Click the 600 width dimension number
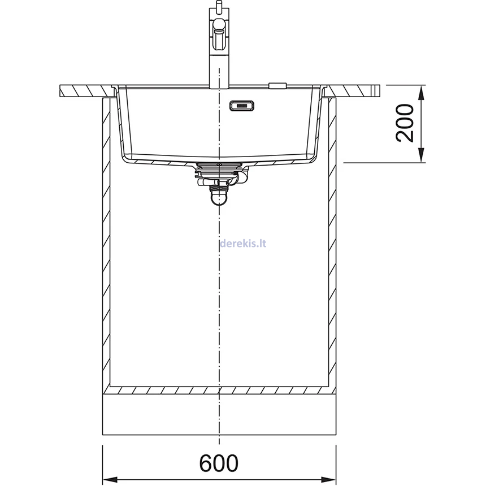(219, 463)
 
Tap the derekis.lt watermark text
(242, 243)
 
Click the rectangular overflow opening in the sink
(242, 106)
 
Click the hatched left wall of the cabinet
(106, 243)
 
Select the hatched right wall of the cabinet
(332, 243)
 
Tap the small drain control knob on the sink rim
(277, 86)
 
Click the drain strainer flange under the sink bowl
(219, 165)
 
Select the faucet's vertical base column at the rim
(218, 73)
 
